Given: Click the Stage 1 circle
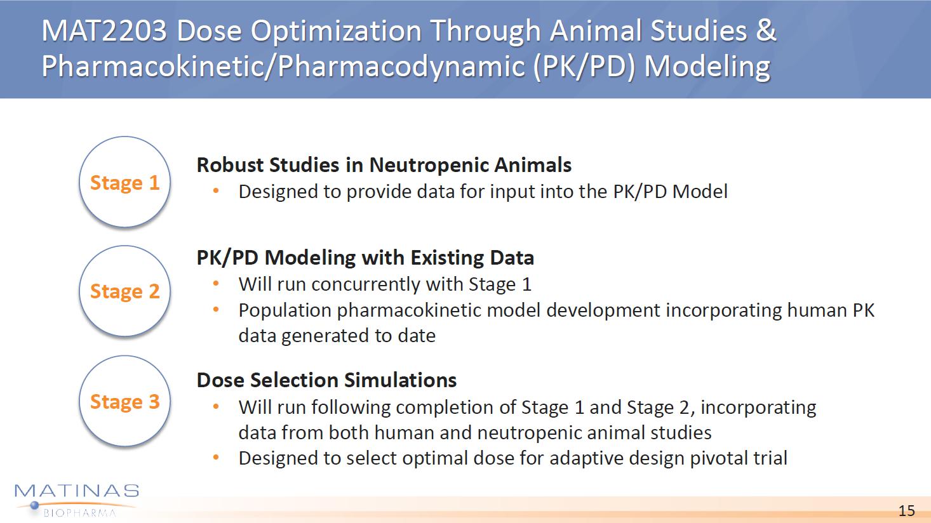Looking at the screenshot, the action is click(x=124, y=182).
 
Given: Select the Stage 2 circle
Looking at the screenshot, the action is click(x=124, y=291).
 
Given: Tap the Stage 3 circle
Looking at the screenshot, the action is click(x=124, y=401).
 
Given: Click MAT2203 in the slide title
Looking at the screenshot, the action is click(x=104, y=30).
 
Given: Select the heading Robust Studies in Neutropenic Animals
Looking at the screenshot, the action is click(x=384, y=165).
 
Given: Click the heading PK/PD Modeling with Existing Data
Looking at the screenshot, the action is click(x=365, y=258).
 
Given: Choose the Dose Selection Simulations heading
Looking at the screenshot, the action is click(x=326, y=380).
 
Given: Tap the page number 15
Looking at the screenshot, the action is click(x=906, y=510).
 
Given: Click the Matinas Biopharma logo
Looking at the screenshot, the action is click(x=77, y=500).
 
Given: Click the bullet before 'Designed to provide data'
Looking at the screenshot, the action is click(x=216, y=191).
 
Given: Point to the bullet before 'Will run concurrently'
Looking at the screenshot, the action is click(x=216, y=284).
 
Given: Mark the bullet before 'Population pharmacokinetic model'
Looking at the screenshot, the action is click(x=216, y=310).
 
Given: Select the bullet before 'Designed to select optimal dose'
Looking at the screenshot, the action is click(x=216, y=458).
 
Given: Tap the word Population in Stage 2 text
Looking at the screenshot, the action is click(x=285, y=311).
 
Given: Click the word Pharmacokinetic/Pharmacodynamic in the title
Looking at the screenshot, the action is click(x=284, y=67).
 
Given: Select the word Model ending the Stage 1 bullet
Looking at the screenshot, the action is click(x=699, y=192).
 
